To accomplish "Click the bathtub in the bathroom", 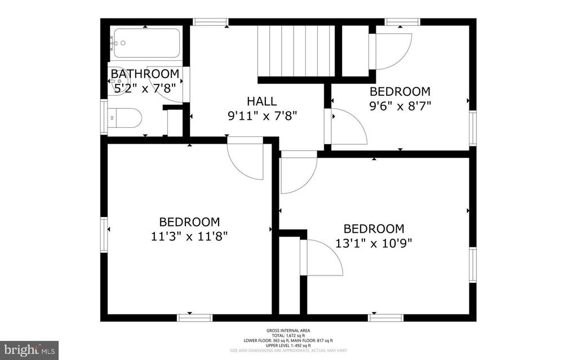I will coord(145,44).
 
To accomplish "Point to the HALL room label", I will coord(262,101).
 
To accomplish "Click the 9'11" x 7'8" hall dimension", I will coord(262,116).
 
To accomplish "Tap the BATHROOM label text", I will coord(145,74).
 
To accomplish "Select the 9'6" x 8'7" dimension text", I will coord(400,105).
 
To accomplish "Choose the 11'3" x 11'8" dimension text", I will coord(189,236).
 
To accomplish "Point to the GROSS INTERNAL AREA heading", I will coord(288,331).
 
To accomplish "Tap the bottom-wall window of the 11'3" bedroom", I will coord(195,318).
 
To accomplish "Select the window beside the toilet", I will coord(104,118).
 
